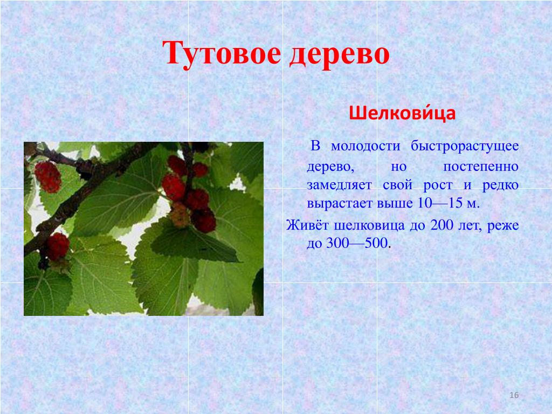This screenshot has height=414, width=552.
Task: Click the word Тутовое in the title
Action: tap(222, 53)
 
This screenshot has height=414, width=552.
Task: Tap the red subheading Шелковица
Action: tap(402, 114)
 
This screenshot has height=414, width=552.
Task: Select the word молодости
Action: tap(366, 146)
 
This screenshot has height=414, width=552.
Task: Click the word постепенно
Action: tap(480, 166)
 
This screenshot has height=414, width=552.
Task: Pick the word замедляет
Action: tap(339, 185)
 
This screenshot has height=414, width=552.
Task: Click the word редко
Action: tap(500, 185)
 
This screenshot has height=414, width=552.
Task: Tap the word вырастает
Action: tap(340, 204)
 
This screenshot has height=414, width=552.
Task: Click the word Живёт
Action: tap(307, 225)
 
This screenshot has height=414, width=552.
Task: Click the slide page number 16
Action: tap(514, 395)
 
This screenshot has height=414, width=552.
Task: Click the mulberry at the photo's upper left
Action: tap(48, 177)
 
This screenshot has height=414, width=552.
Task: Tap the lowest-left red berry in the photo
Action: tap(58, 246)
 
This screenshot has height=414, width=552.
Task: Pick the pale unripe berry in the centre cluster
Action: tap(180, 215)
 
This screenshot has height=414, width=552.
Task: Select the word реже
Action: tap(503, 226)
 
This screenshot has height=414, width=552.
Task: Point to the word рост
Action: tap(438, 186)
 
